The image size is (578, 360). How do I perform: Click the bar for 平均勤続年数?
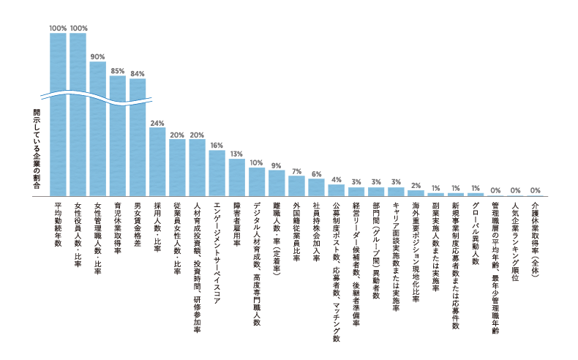58,114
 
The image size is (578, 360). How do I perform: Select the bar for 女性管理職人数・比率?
98,129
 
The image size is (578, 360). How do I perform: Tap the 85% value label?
118,71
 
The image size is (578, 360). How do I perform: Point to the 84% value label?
138,74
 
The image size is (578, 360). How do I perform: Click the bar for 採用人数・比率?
157,162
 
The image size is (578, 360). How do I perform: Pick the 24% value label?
157,123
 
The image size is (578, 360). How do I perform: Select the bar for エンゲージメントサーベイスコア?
217,173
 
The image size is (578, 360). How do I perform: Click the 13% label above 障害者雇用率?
236,154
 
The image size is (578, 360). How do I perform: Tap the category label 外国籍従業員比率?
296,231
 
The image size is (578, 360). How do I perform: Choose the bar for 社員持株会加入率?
316,187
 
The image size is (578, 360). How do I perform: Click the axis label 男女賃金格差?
138,224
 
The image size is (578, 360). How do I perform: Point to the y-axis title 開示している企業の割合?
37,149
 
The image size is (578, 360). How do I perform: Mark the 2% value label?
416,186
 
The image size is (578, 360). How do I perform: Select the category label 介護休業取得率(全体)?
536,239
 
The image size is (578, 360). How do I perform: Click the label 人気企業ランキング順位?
515,241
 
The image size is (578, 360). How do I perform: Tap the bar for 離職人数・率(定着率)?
277,183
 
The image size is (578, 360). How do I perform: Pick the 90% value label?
98,57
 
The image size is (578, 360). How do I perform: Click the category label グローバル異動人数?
476,233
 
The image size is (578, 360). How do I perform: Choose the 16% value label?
217,146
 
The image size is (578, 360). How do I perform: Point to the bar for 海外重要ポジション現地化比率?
416,193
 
